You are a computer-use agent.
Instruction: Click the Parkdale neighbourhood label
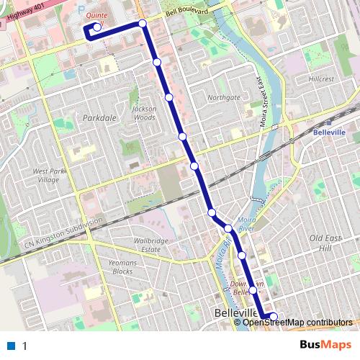(x=99, y=117)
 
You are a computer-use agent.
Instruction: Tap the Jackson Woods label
(x=144, y=113)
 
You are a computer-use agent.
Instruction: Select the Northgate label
(x=223, y=97)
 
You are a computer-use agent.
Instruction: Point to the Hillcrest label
(x=321, y=78)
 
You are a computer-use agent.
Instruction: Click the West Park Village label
(x=48, y=176)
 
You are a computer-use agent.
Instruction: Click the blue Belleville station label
(x=330, y=133)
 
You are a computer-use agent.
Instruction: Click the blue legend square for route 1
(x=11, y=346)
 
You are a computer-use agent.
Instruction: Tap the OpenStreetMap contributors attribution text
(x=297, y=322)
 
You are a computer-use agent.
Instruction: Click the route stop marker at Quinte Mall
(x=96, y=27)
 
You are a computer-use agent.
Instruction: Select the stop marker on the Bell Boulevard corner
(x=143, y=24)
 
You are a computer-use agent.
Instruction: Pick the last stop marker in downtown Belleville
(x=273, y=315)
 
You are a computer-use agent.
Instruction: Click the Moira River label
(x=246, y=223)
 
